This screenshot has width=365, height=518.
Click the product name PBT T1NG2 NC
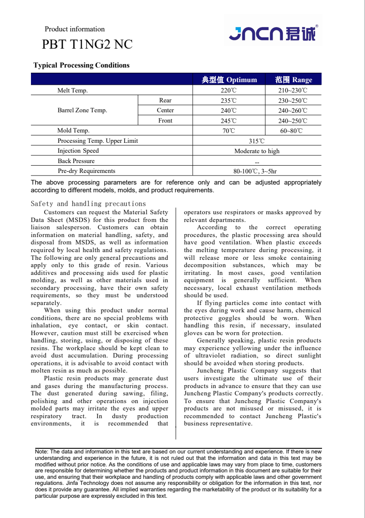coord(87,45)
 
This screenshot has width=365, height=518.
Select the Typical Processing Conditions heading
coord(81,65)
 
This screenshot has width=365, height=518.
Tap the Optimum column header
coord(229,80)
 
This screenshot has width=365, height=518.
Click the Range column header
coord(294,80)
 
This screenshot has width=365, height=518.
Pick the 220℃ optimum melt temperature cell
coord(229,90)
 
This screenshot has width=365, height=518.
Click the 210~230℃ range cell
coord(293,90)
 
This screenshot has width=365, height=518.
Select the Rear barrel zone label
coord(165,101)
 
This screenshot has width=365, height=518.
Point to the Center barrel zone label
coord(165,111)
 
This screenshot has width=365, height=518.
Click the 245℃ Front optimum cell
coord(229,121)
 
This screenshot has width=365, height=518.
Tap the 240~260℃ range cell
coord(293,111)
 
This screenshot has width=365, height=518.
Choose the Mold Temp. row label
coord(74,131)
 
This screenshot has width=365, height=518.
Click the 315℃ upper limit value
coord(257,141)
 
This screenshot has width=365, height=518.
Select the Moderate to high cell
coord(257,151)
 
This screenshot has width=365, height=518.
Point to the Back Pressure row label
coord(76,161)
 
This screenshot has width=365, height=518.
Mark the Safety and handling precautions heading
coord(88,204)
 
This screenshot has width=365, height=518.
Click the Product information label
coord(75,29)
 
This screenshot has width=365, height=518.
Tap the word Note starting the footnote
coord(41,452)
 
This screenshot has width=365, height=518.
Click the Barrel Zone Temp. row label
coord(82,111)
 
